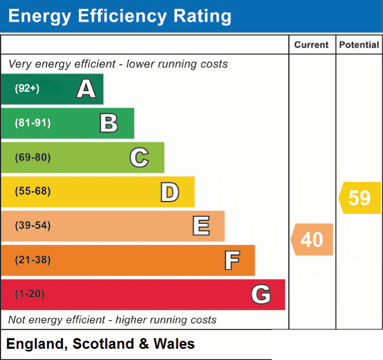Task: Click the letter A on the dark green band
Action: pos(86,89)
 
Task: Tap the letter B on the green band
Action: pos(109,123)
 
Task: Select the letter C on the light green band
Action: pos(139,157)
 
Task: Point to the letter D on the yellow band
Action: pos(170,192)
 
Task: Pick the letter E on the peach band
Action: pos(201,226)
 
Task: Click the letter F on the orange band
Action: pos(232,260)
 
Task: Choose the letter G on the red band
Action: pos(261,294)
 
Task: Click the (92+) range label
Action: pos(27,88)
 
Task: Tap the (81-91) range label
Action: pos(32,123)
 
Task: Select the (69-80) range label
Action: pos(32,157)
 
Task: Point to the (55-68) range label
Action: pos(32,191)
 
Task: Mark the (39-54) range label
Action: pos(32,225)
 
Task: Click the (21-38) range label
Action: pos(32,260)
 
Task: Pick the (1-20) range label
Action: pos(30,294)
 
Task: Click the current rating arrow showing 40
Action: pos(312,239)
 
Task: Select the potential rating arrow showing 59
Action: pos(360,198)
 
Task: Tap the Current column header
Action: pos(312,45)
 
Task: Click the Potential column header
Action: pos(359,45)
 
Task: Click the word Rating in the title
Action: pos(202,17)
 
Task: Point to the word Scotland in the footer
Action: pos(103,343)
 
